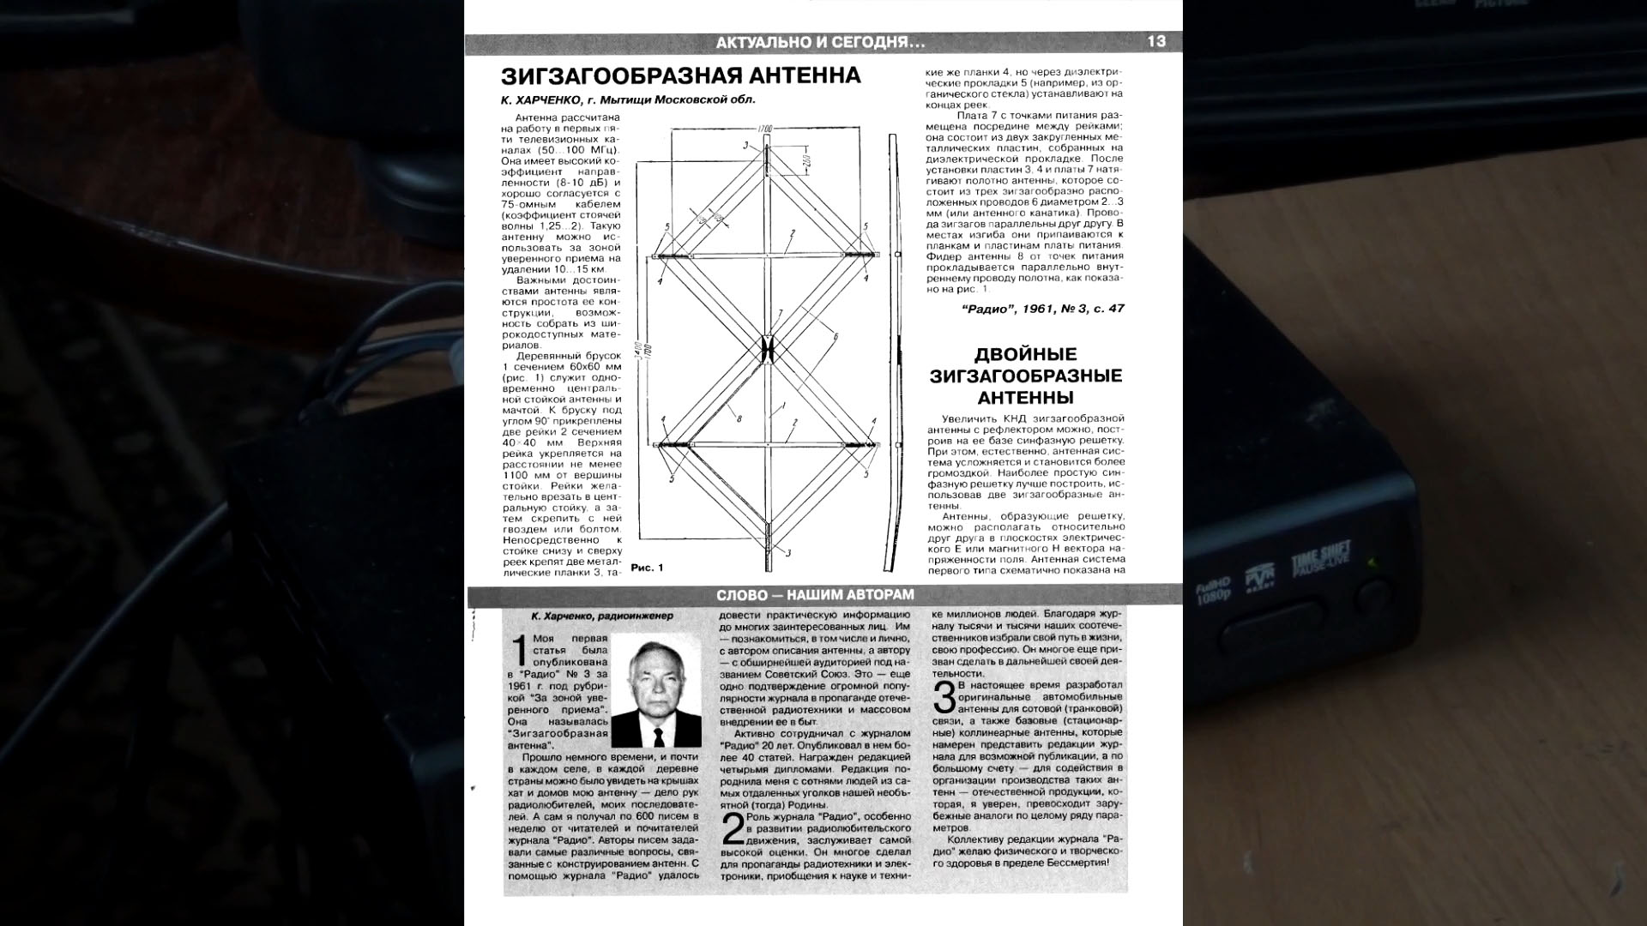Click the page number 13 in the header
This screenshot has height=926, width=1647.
(x=1155, y=42)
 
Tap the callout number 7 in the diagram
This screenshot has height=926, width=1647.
(x=780, y=313)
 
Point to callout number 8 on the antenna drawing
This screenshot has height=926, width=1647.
(x=739, y=419)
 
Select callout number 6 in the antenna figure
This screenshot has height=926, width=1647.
(x=835, y=337)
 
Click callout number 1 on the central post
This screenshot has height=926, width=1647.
(x=781, y=403)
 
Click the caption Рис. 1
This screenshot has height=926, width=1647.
(x=647, y=568)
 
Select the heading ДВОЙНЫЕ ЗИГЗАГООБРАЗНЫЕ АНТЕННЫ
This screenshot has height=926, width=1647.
(x=1026, y=376)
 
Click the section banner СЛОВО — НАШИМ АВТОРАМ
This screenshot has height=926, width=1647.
(x=815, y=595)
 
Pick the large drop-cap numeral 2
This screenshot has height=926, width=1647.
(x=733, y=829)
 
